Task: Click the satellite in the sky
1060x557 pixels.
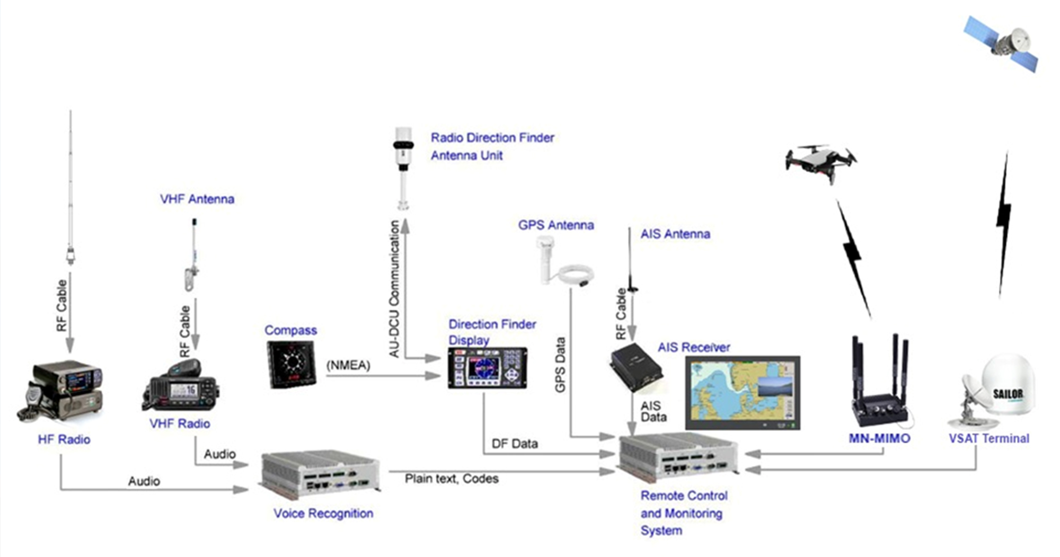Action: (1001, 43)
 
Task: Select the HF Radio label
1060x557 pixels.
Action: (64, 439)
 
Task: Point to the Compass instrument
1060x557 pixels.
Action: (291, 365)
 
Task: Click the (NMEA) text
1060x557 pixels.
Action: (348, 365)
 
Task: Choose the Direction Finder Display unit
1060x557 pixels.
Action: (487, 368)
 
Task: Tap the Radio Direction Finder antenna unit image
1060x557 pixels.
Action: (403, 167)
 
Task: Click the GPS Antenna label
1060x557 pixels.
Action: (555, 225)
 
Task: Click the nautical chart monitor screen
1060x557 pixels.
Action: (743, 392)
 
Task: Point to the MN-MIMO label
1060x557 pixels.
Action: (879, 438)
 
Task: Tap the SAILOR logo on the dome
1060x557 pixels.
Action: (1008, 394)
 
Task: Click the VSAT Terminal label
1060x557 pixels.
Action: (989, 438)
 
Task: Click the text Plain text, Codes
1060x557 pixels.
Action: (452, 479)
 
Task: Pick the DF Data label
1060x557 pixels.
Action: (514, 444)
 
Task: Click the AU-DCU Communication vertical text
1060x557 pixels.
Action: (394, 289)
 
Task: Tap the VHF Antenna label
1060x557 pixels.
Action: (197, 199)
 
